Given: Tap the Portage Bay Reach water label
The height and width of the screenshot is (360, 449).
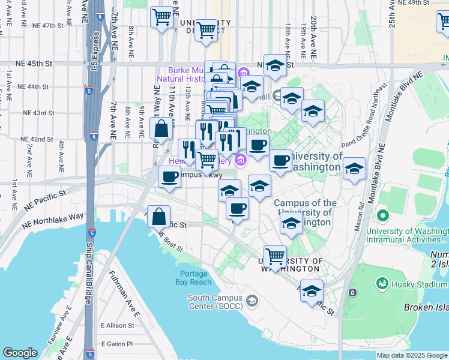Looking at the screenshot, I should point(193,278).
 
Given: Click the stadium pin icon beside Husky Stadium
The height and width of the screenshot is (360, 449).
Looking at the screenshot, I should point(352,292).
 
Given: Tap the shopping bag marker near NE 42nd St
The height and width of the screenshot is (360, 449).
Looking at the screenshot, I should point(162,127).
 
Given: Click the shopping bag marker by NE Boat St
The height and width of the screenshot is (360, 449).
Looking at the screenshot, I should point(159,215).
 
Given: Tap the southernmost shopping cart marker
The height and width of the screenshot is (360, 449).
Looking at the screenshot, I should point(275,256).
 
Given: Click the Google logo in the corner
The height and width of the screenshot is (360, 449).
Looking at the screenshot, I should point(20,353).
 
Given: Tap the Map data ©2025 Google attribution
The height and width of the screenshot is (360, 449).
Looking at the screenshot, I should point(412,355).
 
